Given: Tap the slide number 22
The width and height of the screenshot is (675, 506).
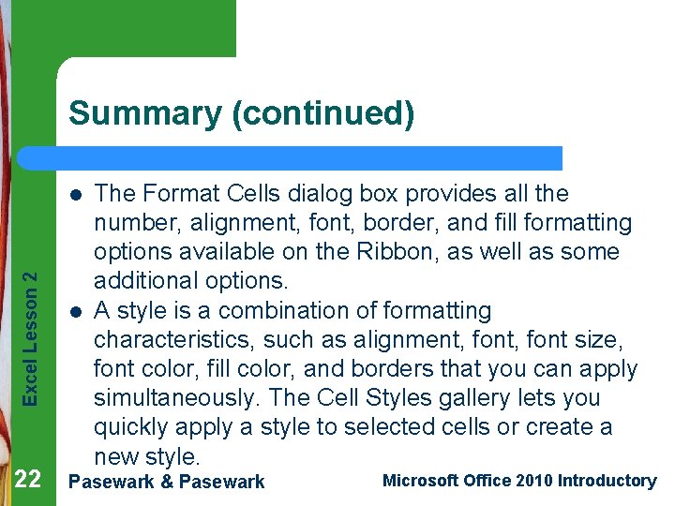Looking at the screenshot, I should click(28, 481).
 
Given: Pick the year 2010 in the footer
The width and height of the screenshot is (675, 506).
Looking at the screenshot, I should click(532, 481).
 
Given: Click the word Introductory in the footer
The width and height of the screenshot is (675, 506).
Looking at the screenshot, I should click(607, 481).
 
